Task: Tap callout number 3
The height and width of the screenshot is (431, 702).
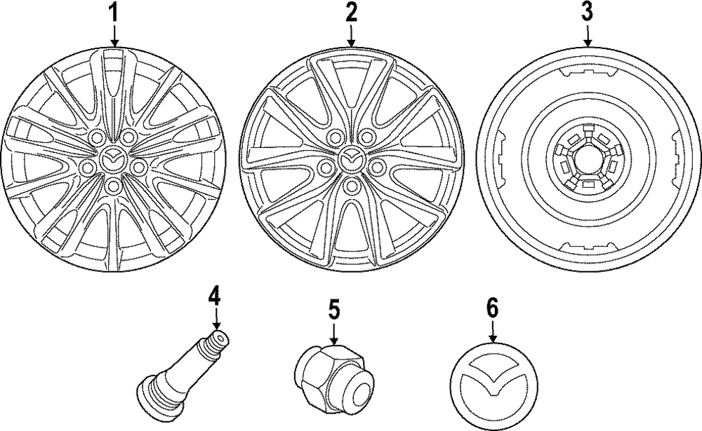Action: pos(586,12)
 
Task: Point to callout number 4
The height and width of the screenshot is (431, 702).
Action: pos(215,296)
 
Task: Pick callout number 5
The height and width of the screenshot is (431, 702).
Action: pos(333,308)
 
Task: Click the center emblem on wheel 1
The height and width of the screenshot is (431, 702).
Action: pos(112,160)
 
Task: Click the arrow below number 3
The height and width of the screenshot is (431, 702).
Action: pos(586,35)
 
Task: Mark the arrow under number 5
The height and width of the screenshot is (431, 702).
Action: pos(333,331)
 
